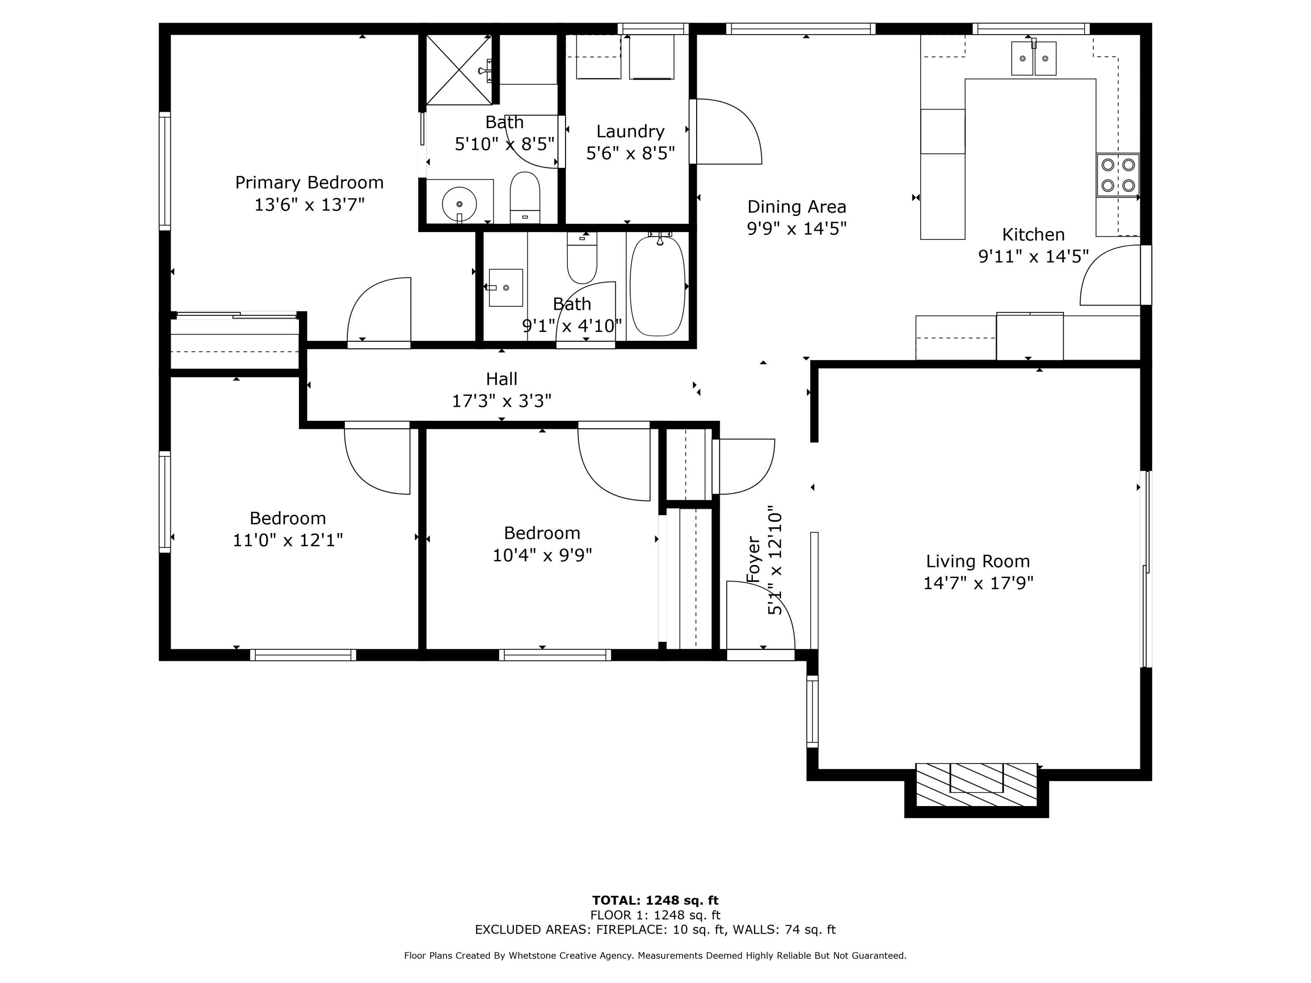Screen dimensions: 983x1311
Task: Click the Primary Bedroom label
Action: (x=309, y=183)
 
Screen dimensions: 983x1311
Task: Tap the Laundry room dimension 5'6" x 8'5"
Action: (x=630, y=153)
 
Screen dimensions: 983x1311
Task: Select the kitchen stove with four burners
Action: (x=1117, y=175)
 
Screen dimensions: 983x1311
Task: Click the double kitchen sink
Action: (x=1033, y=58)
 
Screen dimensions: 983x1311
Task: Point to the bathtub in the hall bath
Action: (x=657, y=286)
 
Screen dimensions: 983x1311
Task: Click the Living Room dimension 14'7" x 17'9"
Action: (x=978, y=583)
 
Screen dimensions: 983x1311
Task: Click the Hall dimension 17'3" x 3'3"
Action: (x=501, y=401)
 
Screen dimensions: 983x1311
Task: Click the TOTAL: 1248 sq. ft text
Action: (x=655, y=900)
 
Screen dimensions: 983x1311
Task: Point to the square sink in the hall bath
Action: (x=506, y=288)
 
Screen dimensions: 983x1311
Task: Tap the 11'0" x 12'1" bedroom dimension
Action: (x=288, y=540)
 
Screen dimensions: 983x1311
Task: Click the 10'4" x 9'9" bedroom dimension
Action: (x=542, y=555)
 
